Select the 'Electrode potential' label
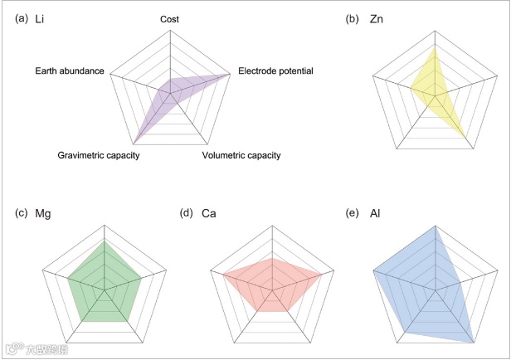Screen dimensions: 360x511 pyautogui.click(x=275, y=71)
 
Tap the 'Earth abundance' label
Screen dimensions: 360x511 pyautogui.click(x=70, y=71)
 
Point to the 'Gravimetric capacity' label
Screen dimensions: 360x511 pyautogui.click(x=97, y=155)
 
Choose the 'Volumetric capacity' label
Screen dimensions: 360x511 pyautogui.click(x=242, y=155)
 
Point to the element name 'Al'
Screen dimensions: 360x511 pyautogui.click(x=373, y=214)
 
